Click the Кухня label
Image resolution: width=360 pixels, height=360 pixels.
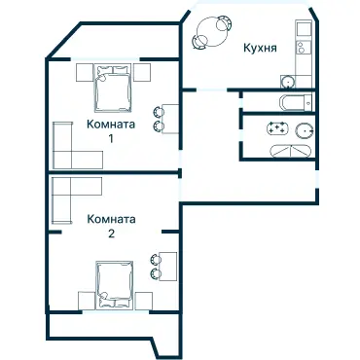coord(253,45)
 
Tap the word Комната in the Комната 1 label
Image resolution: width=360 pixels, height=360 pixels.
coord(110,125)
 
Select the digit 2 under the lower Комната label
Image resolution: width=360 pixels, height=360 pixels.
coord(110,234)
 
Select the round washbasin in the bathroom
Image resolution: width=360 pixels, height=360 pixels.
coord(305,130)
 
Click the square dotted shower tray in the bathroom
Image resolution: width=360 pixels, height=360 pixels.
coord(277,128)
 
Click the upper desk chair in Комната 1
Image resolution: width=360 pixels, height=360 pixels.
coord(159,110)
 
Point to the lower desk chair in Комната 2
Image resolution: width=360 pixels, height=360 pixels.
coord(153,273)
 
